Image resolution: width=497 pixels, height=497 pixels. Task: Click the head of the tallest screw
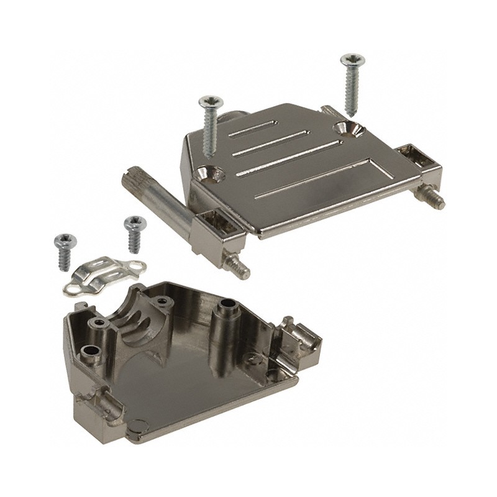point(352,60)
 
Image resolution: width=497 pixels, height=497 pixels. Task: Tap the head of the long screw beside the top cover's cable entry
point(206,102)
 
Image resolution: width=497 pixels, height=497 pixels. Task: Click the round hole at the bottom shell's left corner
point(89,352)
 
